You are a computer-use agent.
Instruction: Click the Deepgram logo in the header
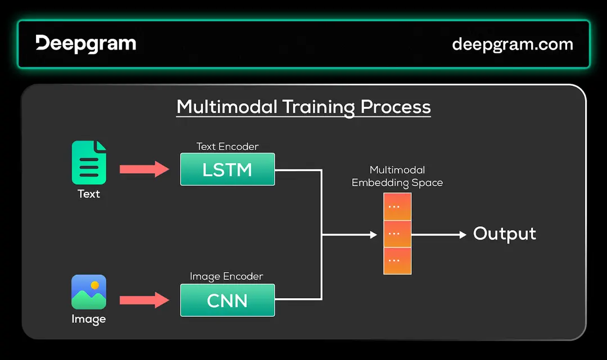pyautogui.click(x=85, y=44)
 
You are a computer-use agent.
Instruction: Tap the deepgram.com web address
pyautogui.click(x=512, y=44)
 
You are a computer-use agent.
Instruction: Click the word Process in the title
pyautogui.click(x=395, y=106)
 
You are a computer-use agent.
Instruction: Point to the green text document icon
pyautogui.click(x=89, y=163)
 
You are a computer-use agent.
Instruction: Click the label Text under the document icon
pyautogui.click(x=89, y=194)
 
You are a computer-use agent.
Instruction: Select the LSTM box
pyautogui.click(x=227, y=169)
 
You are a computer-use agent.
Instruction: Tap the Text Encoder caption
pyautogui.click(x=227, y=146)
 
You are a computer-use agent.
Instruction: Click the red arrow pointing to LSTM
pyautogui.click(x=144, y=169)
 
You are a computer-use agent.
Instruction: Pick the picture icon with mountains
pyautogui.click(x=89, y=292)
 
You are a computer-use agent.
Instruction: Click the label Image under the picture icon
pyautogui.click(x=89, y=319)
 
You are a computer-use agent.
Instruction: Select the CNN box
pyautogui.click(x=227, y=300)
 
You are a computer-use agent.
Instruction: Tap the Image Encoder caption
pyautogui.click(x=227, y=276)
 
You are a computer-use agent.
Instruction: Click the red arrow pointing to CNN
pyautogui.click(x=144, y=300)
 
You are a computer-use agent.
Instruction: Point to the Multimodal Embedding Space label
pyautogui.click(x=397, y=176)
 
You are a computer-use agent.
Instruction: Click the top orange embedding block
pyautogui.click(x=397, y=207)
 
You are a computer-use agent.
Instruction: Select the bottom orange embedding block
pyautogui.click(x=397, y=260)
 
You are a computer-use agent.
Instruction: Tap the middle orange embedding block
pyautogui.click(x=397, y=234)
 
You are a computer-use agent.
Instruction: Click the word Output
pyautogui.click(x=504, y=234)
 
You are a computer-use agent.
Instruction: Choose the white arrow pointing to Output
pyautogui.click(x=438, y=235)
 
